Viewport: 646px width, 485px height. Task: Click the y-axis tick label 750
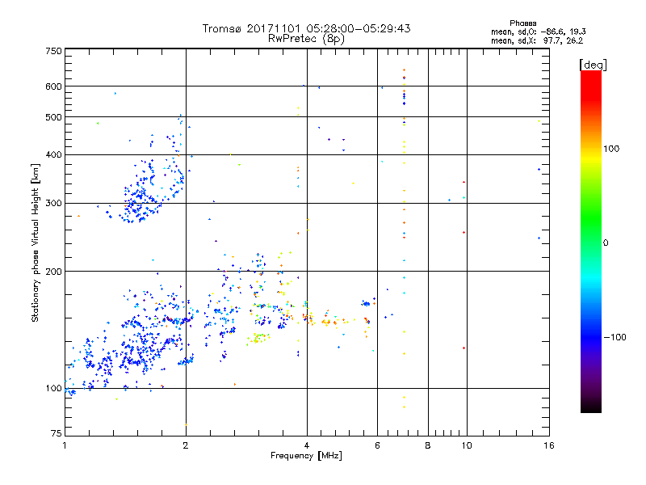[53, 51]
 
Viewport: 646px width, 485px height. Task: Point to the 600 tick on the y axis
[53, 86]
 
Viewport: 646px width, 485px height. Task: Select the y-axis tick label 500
[53, 117]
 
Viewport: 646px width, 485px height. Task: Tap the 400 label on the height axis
[53, 154]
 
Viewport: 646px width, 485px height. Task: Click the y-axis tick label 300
[53, 203]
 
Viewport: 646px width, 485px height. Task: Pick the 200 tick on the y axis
[53, 271]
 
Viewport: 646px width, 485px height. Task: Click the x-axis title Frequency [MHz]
[306, 458]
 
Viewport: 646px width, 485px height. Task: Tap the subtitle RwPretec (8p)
[306, 38]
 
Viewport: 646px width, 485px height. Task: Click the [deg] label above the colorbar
[594, 64]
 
